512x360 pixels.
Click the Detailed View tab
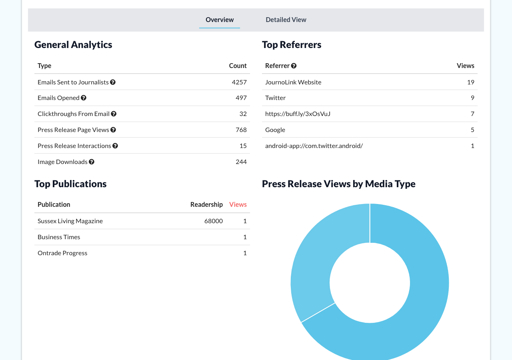[x=286, y=20]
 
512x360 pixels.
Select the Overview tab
[x=220, y=20]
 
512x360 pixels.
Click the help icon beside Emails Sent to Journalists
[x=113, y=82]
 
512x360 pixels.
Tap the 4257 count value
[x=239, y=82]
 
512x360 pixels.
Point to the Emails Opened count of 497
[x=241, y=98]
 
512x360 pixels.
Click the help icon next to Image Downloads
[x=92, y=162]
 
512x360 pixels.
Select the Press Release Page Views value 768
[x=241, y=130]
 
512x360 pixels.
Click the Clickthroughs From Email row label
[x=74, y=114]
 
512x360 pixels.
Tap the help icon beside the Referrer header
[x=294, y=66]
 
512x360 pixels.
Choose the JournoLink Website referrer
[x=293, y=82]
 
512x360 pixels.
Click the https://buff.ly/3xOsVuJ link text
[x=298, y=114]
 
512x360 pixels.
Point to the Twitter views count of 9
[x=472, y=98]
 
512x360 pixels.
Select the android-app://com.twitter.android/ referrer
[x=314, y=146]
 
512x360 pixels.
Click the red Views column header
[x=238, y=204]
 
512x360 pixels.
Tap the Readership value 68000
[x=214, y=221]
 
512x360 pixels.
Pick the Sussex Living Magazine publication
[x=70, y=221]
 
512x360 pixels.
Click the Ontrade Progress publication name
[x=62, y=253]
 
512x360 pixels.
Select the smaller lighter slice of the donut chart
[x=316, y=260]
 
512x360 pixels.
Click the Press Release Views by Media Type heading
[x=339, y=184]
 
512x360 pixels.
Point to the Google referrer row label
[x=275, y=130]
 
